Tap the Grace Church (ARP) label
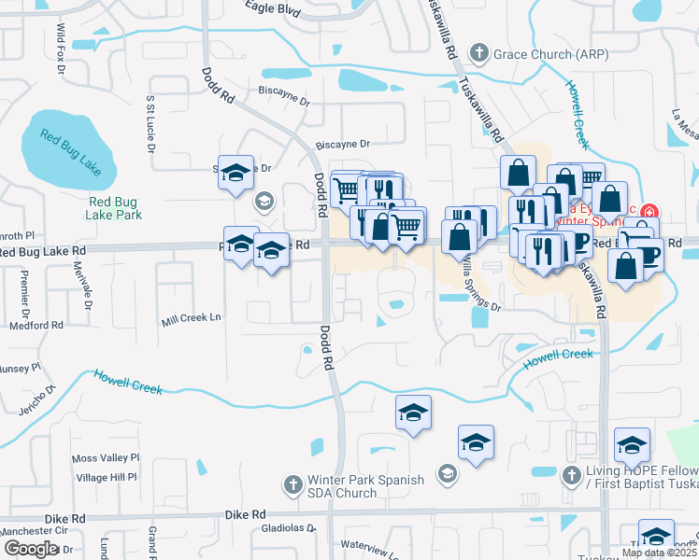(x=550, y=53)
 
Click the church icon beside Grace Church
(x=479, y=52)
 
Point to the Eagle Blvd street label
(x=272, y=7)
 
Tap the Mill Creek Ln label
(x=190, y=318)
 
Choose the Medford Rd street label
(x=36, y=326)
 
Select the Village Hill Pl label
(x=107, y=477)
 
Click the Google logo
(x=31, y=549)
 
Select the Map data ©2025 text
(x=659, y=553)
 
